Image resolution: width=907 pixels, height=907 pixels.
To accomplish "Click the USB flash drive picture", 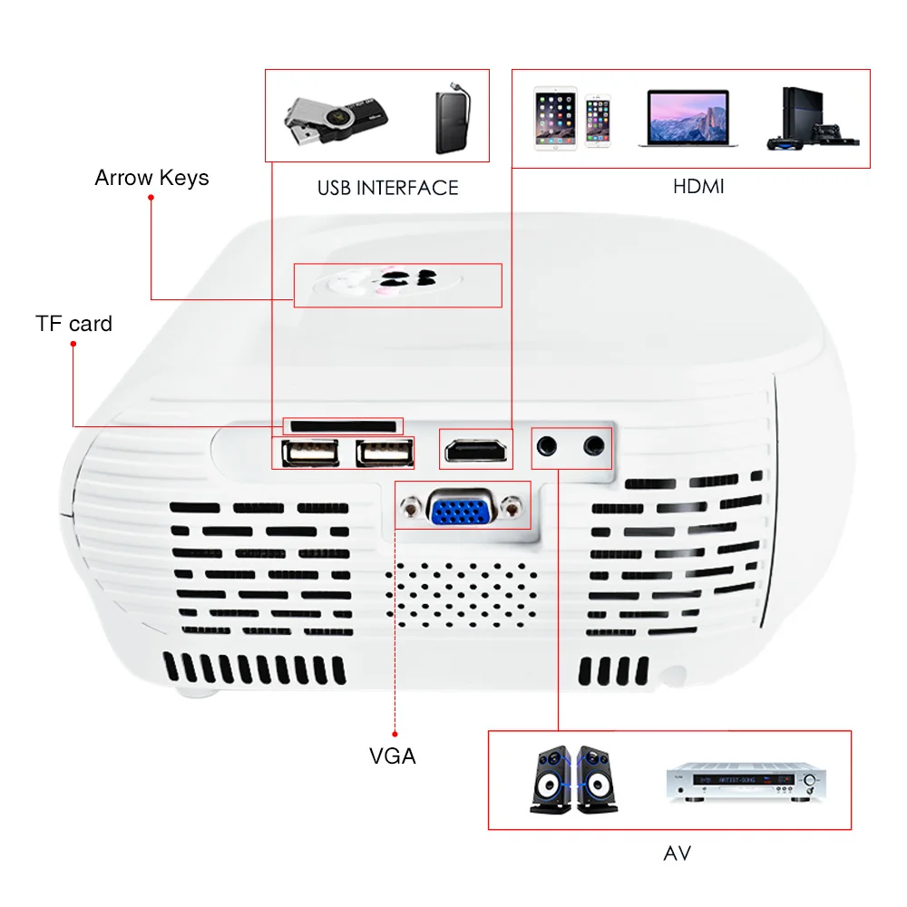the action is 336,120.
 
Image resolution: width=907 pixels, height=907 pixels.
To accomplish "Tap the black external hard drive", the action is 453,118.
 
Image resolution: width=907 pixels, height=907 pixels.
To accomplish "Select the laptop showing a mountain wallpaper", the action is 688,118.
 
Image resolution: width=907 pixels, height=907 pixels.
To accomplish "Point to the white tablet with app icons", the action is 555,119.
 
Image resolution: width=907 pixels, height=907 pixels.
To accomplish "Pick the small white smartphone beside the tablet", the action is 598,121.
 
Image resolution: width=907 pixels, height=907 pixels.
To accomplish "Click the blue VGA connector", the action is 462,508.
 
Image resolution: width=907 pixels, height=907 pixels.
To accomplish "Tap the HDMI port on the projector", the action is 476,451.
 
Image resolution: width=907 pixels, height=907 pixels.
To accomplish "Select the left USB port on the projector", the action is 310,453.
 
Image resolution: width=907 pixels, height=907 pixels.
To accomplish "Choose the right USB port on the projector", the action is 385,453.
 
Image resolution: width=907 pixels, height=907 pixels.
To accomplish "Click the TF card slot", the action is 343,427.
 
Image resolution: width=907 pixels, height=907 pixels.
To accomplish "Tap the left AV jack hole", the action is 547,446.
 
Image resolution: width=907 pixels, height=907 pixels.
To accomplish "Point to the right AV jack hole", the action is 594,445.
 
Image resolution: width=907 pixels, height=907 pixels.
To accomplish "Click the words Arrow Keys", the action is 151,178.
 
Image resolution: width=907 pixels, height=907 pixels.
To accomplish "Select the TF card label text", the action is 74,324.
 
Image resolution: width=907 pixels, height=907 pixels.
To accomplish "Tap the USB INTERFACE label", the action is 387,188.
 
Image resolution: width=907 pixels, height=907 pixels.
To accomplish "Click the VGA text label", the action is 393,756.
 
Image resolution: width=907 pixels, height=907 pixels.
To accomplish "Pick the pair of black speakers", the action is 574,780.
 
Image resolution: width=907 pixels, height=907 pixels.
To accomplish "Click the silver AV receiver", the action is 746,782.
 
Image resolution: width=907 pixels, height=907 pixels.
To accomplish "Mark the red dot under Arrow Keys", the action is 151,198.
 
